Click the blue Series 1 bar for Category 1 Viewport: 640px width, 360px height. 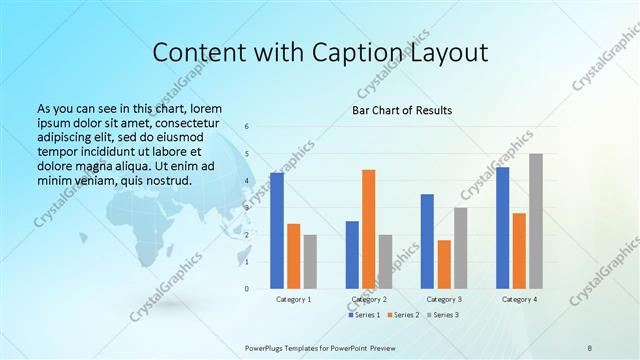[x=277, y=231]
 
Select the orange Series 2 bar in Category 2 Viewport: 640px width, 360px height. [x=369, y=229]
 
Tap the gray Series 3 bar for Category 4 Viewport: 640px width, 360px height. [x=536, y=221]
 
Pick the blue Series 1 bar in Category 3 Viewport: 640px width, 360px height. [x=427, y=241]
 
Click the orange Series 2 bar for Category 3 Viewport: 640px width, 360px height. [x=444, y=264]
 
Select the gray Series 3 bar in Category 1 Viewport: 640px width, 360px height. [x=310, y=262]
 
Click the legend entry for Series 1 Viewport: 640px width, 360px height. [x=365, y=315]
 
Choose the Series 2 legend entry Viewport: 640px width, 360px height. [x=403, y=315]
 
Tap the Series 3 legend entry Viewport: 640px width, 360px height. [x=442, y=315]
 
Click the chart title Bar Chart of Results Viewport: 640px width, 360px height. [x=402, y=110]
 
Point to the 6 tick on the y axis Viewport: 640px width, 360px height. [x=247, y=127]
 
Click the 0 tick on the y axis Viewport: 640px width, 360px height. [x=247, y=289]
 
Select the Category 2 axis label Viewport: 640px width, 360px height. [x=369, y=299]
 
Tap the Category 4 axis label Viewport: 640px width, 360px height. [x=519, y=299]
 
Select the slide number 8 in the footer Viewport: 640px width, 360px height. [x=589, y=346]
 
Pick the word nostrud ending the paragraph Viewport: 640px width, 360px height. [x=166, y=180]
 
